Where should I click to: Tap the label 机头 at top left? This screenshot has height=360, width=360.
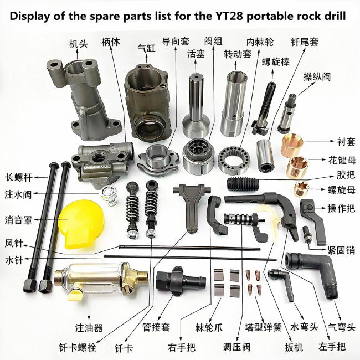click(79, 44)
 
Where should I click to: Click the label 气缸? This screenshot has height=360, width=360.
click(146, 48)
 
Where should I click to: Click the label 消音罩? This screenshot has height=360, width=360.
click(18, 220)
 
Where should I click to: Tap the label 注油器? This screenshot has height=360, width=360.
click(89, 328)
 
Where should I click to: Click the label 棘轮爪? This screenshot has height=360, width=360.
click(209, 327)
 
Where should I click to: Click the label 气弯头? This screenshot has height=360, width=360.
click(342, 327)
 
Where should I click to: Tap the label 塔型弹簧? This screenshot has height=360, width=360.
click(263, 327)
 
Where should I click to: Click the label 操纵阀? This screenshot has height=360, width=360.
click(317, 76)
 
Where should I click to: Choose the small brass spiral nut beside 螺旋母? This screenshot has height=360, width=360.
click(302, 189)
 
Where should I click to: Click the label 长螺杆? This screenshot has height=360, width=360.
click(19, 177)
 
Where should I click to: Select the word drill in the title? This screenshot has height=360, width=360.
click(333, 16)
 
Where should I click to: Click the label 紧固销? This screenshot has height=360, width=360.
click(341, 250)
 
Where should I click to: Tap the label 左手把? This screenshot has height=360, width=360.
click(332, 347)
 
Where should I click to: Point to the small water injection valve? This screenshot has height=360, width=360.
click(109, 195)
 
